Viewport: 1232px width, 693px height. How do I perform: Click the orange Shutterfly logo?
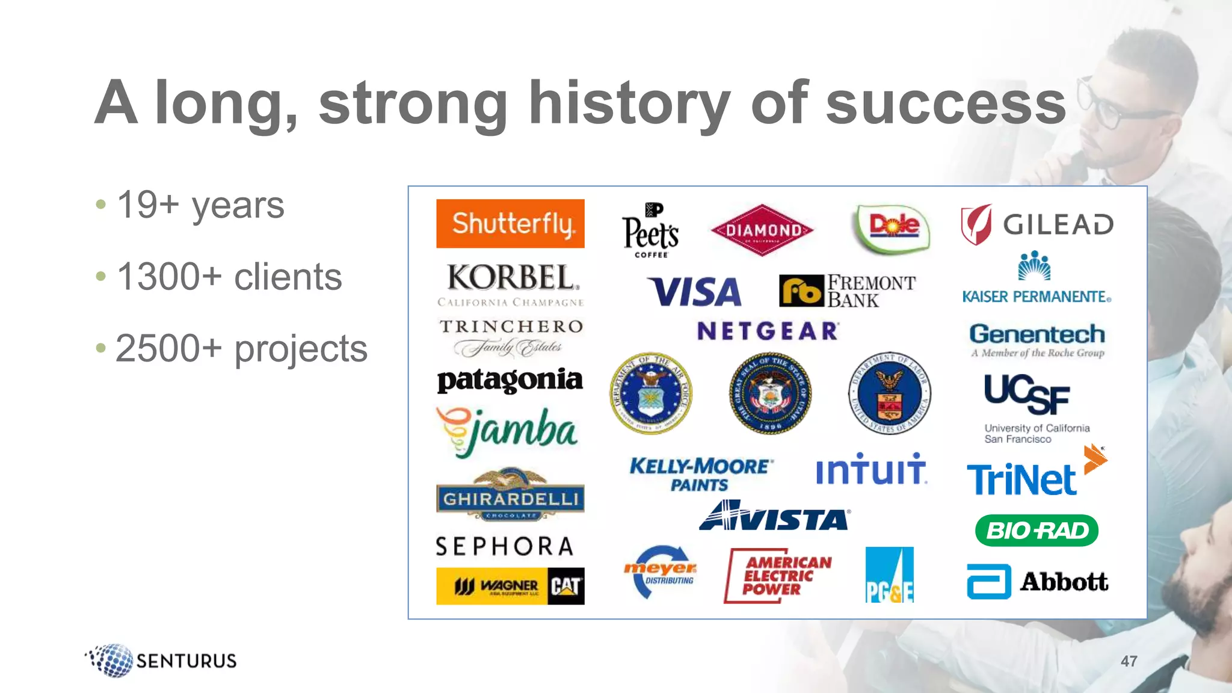click(510, 223)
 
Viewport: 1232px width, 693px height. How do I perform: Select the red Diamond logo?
click(762, 230)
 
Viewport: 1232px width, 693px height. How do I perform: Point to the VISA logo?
click(695, 292)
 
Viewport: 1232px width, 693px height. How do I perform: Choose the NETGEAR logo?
click(768, 331)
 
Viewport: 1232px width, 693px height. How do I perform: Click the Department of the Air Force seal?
click(650, 393)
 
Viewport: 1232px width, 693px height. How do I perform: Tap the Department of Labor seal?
click(890, 393)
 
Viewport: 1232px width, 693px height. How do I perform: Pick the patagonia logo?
click(510, 380)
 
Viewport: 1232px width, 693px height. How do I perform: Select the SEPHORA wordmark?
click(505, 546)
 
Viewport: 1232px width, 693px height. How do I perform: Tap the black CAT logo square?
click(565, 586)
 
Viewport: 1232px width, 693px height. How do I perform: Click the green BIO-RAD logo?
click(1036, 531)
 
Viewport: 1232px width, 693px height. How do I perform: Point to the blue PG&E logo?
click(889, 574)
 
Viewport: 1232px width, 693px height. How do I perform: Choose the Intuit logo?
click(871, 469)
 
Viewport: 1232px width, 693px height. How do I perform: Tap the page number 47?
click(1129, 661)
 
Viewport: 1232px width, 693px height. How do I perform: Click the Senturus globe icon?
click(111, 661)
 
